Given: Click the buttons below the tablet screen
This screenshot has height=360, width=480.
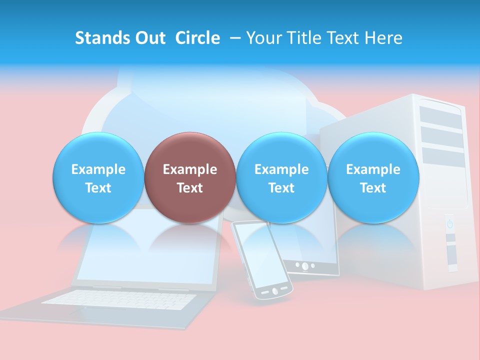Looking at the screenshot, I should [305, 265].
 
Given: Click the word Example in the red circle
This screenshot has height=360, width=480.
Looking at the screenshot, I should [189, 169].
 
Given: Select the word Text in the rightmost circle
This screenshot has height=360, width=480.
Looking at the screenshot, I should [373, 188].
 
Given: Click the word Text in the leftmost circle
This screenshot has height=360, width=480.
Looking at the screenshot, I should [98, 188].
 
